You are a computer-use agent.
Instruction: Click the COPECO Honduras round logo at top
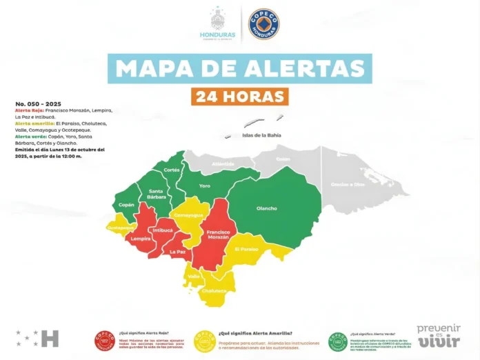tap(263, 23)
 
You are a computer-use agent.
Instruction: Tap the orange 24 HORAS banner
tap(239, 96)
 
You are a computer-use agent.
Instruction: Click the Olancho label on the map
tap(267, 208)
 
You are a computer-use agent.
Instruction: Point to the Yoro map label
tap(204, 186)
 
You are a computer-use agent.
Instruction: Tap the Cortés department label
tap(172, 170)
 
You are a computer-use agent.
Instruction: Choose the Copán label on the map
tap(126, 205)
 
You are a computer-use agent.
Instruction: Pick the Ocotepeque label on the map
tap(119, 226)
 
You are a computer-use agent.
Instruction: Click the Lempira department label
tap(141, 239)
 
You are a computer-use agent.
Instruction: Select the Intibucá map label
tap(163, 230)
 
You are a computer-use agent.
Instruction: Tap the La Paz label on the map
tap(177, 252)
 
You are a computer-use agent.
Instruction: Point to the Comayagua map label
tap(188, 215)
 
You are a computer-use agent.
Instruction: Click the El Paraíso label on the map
tap(246, 248)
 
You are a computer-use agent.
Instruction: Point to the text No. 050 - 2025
tap(34, 103)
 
